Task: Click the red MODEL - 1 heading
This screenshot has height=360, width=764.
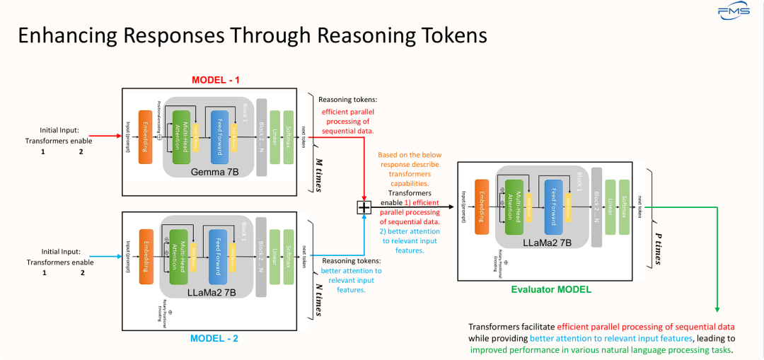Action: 216,79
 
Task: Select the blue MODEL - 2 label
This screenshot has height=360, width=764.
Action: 214,339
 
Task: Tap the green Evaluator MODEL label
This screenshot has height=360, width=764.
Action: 551,289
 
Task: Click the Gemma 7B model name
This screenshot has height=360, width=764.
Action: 212,173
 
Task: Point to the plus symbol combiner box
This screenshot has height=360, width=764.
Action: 364,207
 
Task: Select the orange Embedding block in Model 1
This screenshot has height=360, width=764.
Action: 145,137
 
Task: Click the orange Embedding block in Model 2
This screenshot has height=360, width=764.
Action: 146,255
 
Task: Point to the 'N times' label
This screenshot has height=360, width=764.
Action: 318,300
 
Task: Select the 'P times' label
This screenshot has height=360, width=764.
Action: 657,249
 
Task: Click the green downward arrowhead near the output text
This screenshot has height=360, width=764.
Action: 717,309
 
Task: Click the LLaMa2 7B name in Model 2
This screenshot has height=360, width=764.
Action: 212,291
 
